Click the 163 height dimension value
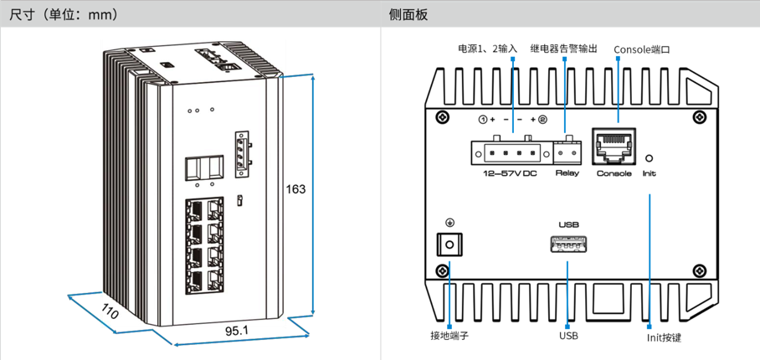[296, 189]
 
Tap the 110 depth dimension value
[110, 312]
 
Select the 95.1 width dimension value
[237, 332]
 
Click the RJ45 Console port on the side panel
[614, 146]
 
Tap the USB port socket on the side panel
[568, 245]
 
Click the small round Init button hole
[650, 157]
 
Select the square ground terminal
[450, 244]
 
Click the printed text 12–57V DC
[511, 173]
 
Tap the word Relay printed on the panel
[567, 173]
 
